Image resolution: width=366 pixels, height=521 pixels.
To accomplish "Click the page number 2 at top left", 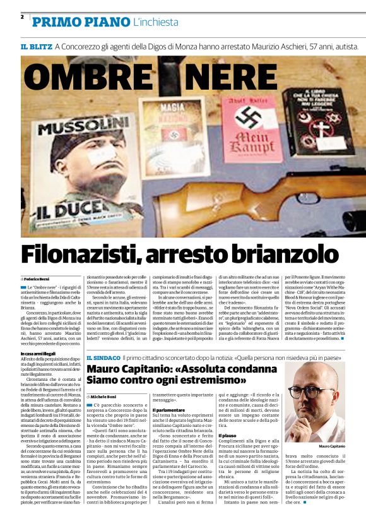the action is (x=22, y=16).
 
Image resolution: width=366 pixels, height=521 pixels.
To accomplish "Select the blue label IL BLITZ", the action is (x=35, y=47).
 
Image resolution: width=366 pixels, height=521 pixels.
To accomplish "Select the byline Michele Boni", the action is (x=105, y=396).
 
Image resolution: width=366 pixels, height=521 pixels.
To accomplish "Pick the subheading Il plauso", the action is (x=228, y=435).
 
